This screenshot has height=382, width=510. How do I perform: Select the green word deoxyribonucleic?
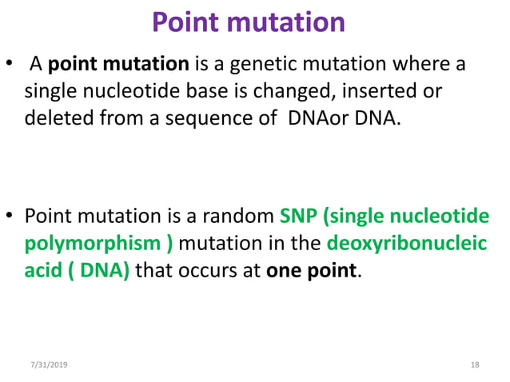(x=411, y=244)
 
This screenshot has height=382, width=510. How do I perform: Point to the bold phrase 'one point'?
(x=311, y=270)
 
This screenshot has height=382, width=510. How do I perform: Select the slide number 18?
(x=475, y=364)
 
